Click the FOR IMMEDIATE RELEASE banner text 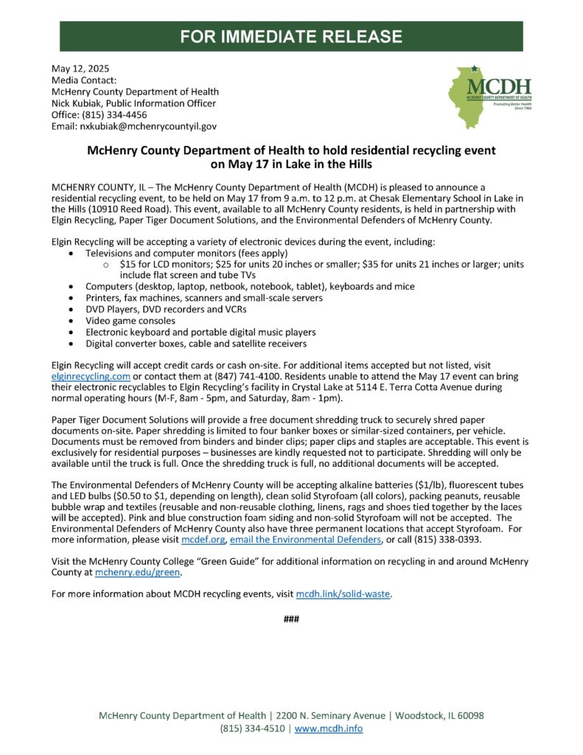tap(292, 36)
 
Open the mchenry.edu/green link tap(138, 572)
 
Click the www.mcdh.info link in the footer tap(329, 728)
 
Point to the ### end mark tap(291, 619)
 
